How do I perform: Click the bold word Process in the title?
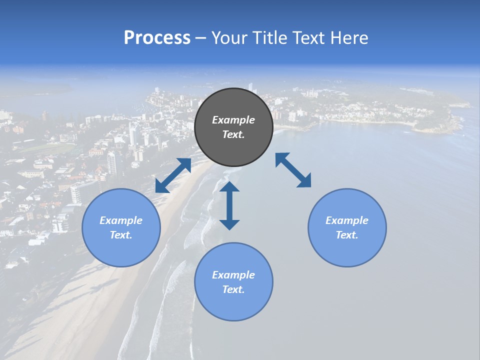pos(157,38)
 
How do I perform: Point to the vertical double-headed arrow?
pos(229,205)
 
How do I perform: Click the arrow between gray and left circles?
pos(173,175)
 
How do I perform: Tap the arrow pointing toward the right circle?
pos(293,170)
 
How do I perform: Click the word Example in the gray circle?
pos(233,120)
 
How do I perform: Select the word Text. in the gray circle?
pos(233,134)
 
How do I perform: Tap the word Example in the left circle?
pos(121,220)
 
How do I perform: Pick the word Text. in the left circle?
pos(121,235)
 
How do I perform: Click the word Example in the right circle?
pos(347,220)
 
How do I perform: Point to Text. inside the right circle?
pos(347,235)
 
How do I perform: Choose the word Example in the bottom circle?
pos(233,275)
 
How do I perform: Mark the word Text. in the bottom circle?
pos(233,289)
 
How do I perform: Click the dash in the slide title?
pos(200,38)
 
